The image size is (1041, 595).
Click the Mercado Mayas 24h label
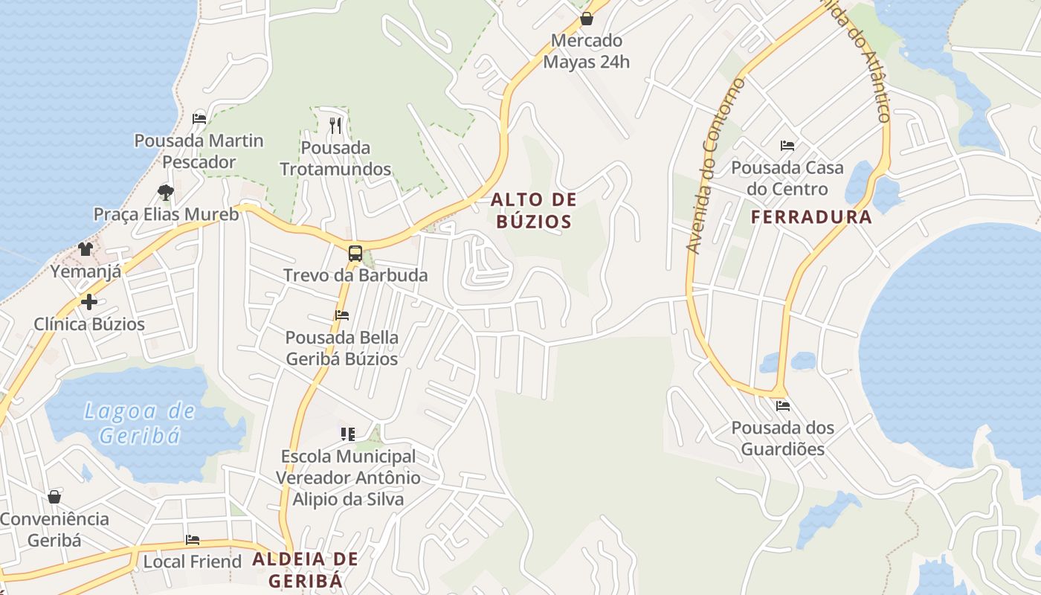tap(586, 51)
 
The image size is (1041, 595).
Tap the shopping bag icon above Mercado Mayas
tap(586, 19)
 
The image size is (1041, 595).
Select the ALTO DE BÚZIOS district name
tap(533, 210)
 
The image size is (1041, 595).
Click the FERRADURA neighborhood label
tap(811, 217)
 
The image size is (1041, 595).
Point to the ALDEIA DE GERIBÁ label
tap(305, 570)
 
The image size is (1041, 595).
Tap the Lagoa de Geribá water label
tap(140, 422)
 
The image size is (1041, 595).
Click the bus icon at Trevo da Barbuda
tap(355, 253)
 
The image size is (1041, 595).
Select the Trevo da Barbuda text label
tap(355, 275)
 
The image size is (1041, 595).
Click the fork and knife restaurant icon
tap(335, 125)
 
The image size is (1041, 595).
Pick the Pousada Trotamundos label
tap(335, 158)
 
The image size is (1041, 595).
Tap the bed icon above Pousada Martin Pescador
tap(199, 118)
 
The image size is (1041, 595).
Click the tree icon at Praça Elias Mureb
tap(166, 193)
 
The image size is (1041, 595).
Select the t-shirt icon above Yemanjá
tap(86, 249)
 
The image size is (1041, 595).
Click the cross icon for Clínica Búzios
tap(89, 302)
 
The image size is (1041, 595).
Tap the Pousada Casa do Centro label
tap(787, 178)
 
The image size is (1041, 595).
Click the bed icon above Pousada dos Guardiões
tap(782, 406)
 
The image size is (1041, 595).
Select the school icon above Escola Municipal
tap(347, 434)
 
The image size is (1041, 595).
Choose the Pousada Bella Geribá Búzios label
tap(342, 348)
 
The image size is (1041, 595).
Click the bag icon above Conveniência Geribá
tap(54, 497)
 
